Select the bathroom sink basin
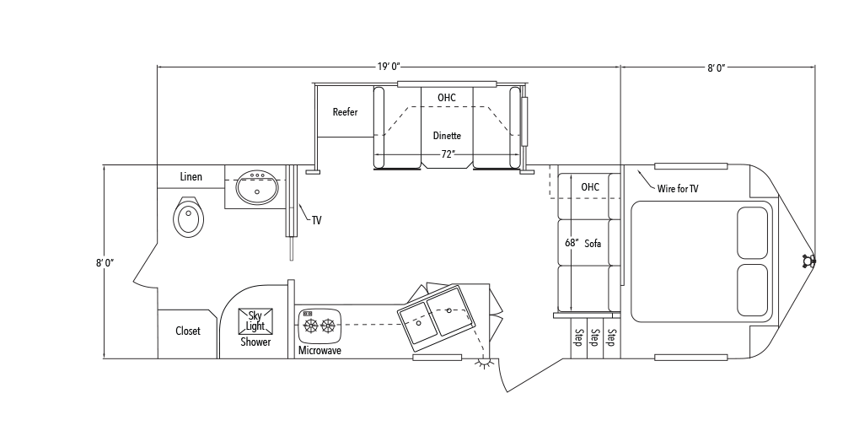(257, 186)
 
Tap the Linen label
(191, 176)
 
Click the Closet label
(188, 331)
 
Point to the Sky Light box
(255, 321)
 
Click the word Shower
(255, 342)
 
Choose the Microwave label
(319, 351)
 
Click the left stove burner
(311, 326)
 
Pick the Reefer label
(345, 112)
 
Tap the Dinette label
(447, 136)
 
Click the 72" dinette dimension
(448, 154)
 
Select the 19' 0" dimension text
(388, 67)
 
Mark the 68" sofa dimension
(572, 243)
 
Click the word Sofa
(593, 244)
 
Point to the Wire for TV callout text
(678, 188)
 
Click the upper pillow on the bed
(752, 233)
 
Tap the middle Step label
(594, 337)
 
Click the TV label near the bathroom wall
(316, 220)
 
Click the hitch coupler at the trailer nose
(808, 261)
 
